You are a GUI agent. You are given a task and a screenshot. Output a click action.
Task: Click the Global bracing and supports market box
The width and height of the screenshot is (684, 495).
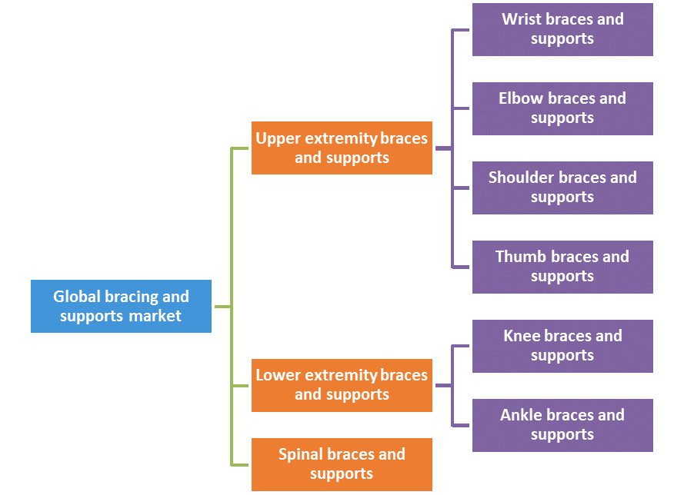(121, 306)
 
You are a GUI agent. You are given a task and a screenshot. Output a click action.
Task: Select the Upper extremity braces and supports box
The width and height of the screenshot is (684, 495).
(342, 148)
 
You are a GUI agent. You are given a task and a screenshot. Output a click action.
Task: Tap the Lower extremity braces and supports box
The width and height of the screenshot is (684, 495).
(342, 384)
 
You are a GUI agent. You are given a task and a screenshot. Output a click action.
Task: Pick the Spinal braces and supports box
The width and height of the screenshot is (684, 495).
(342, 464)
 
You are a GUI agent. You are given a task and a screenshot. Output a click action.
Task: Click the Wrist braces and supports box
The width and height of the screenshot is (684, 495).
(562, 29)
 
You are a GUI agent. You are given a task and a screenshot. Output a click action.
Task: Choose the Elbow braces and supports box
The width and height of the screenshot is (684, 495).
(562, 108)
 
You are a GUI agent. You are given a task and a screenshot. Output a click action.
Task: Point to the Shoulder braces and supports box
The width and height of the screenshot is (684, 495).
(562, 188)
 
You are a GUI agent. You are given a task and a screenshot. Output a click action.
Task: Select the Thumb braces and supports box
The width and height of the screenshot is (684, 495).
(562, 267)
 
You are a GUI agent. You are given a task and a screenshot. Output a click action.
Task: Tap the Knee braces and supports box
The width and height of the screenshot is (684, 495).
(562, 346)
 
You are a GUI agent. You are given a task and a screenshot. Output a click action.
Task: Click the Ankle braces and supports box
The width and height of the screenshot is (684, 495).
(562, 424)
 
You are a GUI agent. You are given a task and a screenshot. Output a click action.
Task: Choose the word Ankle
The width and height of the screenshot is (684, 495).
(520, 415)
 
